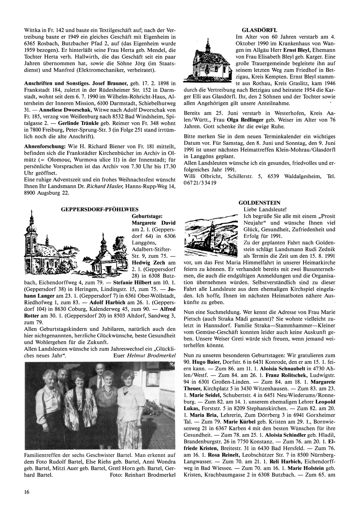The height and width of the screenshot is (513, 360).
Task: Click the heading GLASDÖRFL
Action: coord(259,30)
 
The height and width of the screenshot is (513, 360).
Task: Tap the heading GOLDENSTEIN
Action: coord(259,203)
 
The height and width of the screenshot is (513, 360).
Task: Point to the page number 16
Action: coord(27,492)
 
